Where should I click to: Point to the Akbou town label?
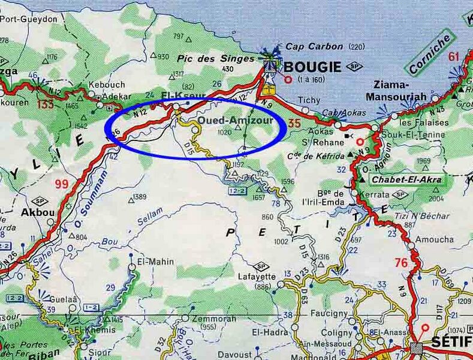coord(33,212)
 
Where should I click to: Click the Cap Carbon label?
coord(314,46)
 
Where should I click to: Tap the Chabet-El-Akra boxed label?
coord(406,179)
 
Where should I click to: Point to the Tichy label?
coord(309,100)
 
